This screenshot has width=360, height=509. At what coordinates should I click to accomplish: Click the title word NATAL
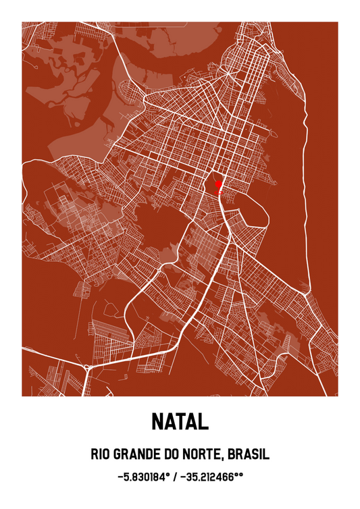coord(180,423)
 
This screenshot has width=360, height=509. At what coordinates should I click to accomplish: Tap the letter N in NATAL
coord(157,423)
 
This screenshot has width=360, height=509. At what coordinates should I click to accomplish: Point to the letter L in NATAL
coord(203,423)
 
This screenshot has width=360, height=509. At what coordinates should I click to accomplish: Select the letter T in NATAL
coord(180,423)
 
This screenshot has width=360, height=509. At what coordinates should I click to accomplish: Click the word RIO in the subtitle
coord(100,454)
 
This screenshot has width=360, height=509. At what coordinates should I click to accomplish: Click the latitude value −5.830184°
coord(143,477)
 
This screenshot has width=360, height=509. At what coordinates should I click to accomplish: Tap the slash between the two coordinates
coord(176,477)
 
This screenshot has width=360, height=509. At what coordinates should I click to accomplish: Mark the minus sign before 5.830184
coord(120,477)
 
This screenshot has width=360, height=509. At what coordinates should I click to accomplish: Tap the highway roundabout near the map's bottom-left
coord(86,367)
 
